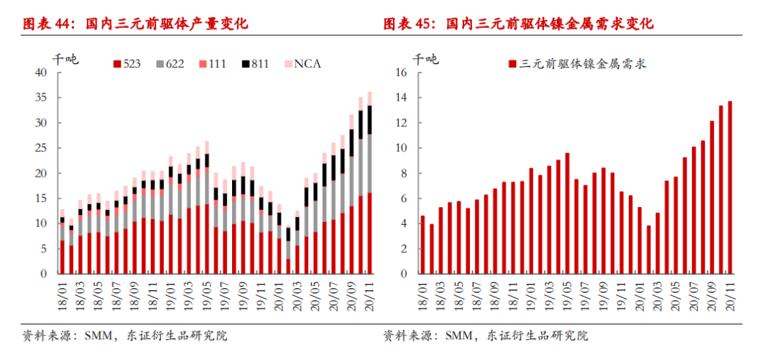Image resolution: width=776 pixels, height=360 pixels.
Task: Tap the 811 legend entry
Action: tap(255, 64)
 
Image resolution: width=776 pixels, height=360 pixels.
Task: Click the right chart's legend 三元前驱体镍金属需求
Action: tap(578, 64)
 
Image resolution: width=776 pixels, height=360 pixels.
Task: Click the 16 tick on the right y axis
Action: tap(402, 73)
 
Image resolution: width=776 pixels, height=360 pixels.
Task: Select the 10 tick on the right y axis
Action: tap(402, 148)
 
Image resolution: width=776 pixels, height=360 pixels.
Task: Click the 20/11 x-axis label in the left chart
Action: tap(369, 295)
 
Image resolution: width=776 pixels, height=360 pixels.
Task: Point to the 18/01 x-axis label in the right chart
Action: tap(422, 295)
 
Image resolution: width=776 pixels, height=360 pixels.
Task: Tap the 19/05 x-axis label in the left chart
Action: tap(207, 295)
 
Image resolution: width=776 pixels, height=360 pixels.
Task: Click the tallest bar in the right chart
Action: tap(731, 187)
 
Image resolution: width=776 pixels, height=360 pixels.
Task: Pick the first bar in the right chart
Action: tap(422, 244)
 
